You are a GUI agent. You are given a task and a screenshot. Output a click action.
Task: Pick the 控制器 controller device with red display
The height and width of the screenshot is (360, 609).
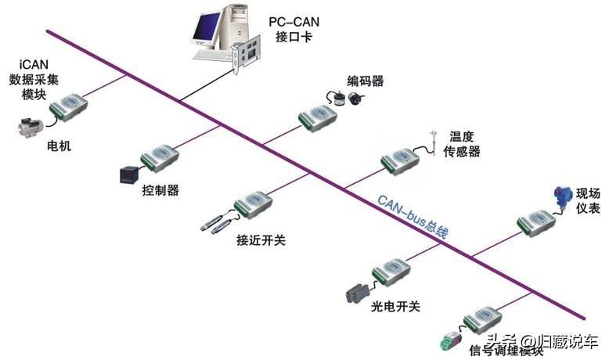pyautogui.click(x=126, y=175)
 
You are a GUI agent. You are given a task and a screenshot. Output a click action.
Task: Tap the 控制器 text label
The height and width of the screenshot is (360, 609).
pyautogui.click(x=160, y=190)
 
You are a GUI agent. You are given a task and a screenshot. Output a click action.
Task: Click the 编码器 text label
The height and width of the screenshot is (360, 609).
pyautogui.click(x=366, y=81)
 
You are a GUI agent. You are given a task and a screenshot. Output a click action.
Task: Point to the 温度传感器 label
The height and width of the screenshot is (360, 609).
pyautogui.click(x=463, y=144)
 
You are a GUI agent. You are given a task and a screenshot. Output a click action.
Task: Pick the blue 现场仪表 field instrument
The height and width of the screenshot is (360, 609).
pyautogui.click(x=561, y=194)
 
